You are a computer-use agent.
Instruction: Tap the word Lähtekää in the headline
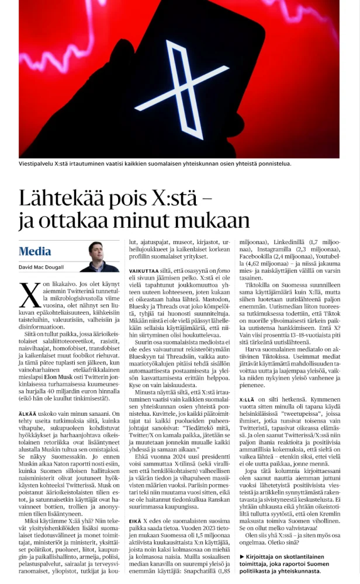61,199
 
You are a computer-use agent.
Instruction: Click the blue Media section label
34,252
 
